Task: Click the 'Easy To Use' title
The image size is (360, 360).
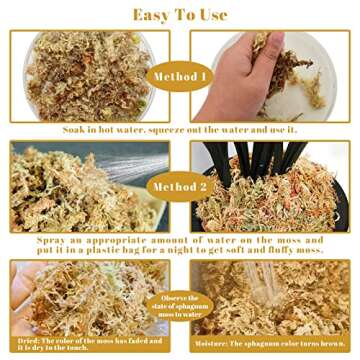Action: coord(180,14)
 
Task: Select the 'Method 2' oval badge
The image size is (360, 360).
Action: coord(180,186)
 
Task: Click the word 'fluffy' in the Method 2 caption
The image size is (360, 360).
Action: coord(299,254)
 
